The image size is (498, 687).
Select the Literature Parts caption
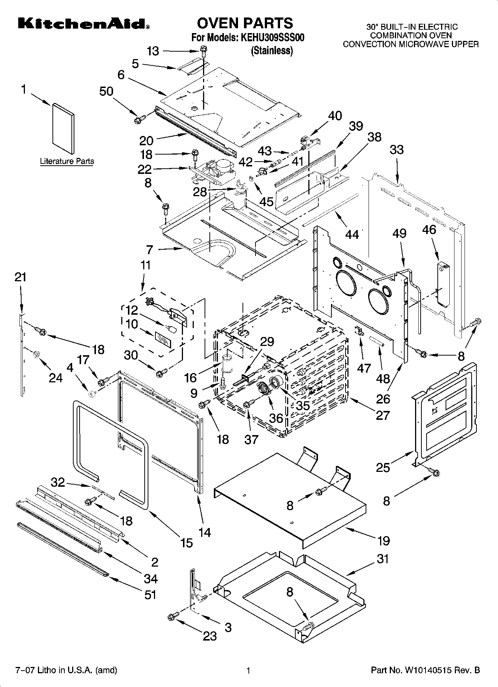coord(67,161)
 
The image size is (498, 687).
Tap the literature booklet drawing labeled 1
coord(63,128)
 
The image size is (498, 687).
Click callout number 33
coord(396,150)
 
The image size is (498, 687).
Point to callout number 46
coord(429,230)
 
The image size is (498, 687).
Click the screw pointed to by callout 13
coord(203,49)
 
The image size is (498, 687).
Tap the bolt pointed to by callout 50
coord(140,119)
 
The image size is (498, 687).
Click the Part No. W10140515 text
coord(425,670)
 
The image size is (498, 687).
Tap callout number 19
coord(383,541)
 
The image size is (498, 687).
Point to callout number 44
coord(352,234)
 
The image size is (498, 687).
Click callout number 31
coord(383,559)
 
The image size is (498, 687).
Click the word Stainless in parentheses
coord(272,51)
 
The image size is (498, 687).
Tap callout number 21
coord(20,277)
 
